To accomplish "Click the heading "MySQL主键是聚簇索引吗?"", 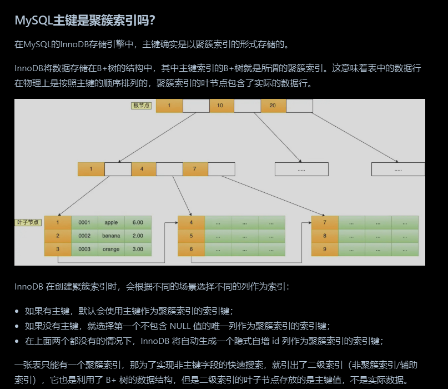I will tap(85, 21).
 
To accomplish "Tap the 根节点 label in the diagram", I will tap(141, 106).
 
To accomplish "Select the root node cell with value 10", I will tap(220, 106).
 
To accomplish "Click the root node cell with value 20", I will tap(273, 106).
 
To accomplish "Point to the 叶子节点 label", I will tap(28, 222).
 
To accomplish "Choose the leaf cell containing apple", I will tap(111, 222).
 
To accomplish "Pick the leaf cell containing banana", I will tap(111, 236).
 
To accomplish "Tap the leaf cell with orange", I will tap(111, 249).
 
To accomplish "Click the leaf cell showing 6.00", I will tap(138, 222).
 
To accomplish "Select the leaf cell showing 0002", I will tap(84, 236).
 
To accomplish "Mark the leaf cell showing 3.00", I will tap(138, 249).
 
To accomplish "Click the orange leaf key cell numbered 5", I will tap(192, 236).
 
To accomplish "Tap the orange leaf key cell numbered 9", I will tap(325, 249).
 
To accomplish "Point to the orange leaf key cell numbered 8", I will tap(325, 236).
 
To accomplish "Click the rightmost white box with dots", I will tap(398, 169).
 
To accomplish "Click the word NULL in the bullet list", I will tap(180, 326).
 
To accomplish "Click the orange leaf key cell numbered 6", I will tap(192, 249).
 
